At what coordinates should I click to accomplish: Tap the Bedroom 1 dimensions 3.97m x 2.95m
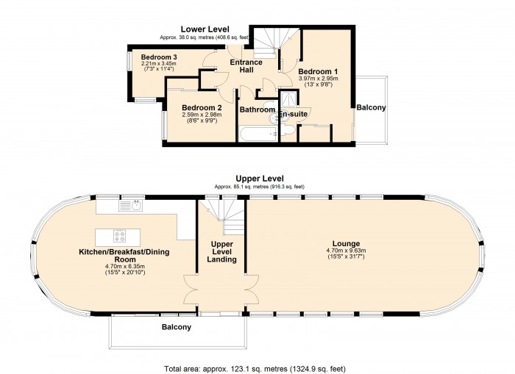pyautogui.click(x=318, y=79)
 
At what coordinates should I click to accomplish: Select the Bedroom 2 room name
pyautogui.click(x=202, y=107)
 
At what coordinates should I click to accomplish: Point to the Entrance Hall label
pyautogui.click(x=246, y=66)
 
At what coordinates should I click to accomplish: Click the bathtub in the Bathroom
pyautogui.click(x=258, y=134)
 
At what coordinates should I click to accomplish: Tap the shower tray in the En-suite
pyautogui.click(x=289, y=98)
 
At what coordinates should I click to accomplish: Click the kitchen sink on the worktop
pyautogui.click(x=131, y=206)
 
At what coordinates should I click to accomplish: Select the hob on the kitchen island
pyautogui.click(x=120, y=236)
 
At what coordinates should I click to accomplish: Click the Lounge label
pyautogui.click(x=347, y=244)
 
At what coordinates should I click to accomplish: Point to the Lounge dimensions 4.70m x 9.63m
pyautogui.click(x=347, y=251)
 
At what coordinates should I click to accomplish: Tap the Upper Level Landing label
pyautogui.click(x=221, y=251)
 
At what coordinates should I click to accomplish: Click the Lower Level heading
pyautogui.click(x=205, y=29)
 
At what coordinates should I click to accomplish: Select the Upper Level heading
pyautogui.click(x=260, y=179)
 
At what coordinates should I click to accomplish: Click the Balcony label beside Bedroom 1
pyautogui.click(x=371, y=107)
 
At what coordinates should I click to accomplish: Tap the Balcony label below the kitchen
pyautogui.click(x=177, y=327)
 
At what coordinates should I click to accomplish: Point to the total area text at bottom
pyautogui.click(x=255, y=369)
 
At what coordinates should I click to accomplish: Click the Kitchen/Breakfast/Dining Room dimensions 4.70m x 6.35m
pyautogui.click(x=125, y=267)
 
